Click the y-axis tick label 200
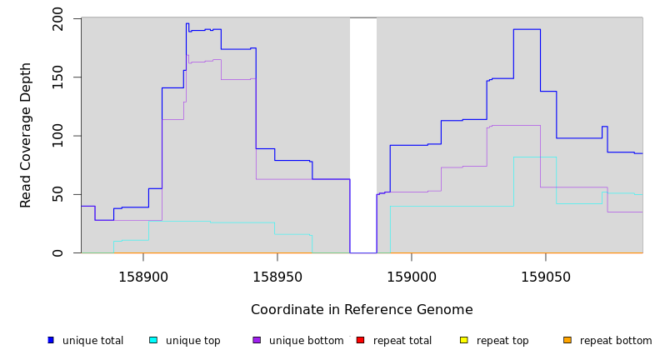click(x=57, y=17)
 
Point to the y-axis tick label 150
click(x=57, y=77)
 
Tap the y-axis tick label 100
click(x=57, y=136)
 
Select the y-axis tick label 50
click(x=57, y=194)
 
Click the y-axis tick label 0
click(x=57, y=252)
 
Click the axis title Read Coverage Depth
click(x=26, y=135)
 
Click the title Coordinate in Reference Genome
click(x=362, y=310)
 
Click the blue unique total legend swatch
click(x=51, y=340)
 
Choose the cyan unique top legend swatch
click(x=153, y=340)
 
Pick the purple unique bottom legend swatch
click(x=257, y=340)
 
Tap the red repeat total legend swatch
click(x=360, y=340)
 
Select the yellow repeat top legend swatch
click(x=464, y=340)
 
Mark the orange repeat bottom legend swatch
click(x=567, y=340)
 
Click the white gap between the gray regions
click(x=363, y=133)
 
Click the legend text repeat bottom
click(x=616, y=341)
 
